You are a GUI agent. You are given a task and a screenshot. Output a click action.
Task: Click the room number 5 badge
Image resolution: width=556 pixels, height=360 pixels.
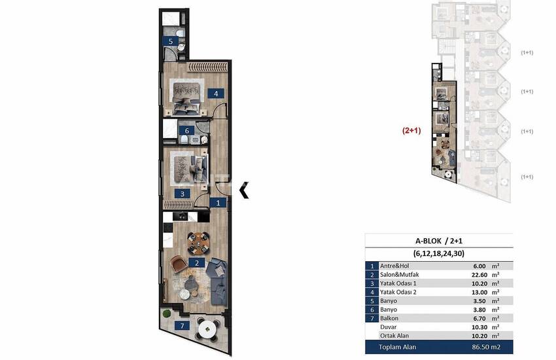click(x=171, y=41)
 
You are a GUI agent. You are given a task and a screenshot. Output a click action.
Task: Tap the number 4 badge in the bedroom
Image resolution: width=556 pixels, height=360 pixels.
click(x=216, y=94)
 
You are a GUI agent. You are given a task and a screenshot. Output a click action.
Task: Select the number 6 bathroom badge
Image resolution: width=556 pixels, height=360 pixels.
click(x=187, y=130)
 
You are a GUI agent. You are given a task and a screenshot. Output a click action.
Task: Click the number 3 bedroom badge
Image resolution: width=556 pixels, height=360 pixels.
click(x=182, y=194)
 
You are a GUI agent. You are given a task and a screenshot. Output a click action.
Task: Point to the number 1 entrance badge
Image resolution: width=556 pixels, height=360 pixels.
click(x=218, y=202)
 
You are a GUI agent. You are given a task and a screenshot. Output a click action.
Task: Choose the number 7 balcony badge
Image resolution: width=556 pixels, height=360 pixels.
click(x=182, y=325)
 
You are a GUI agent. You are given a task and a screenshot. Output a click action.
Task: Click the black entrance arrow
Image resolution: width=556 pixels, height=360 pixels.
click(x=244, y=190)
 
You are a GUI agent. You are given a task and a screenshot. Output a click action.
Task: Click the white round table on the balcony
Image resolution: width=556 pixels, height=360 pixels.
click(x=207, y=331)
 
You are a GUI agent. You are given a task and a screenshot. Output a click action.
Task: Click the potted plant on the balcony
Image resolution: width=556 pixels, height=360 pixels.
click(x=166, y=314)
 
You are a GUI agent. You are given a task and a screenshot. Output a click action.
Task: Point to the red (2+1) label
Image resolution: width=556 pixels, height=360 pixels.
click(x=411, y=130)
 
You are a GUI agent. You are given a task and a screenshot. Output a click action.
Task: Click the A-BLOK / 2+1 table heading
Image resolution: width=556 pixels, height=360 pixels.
click(x=439, y=241)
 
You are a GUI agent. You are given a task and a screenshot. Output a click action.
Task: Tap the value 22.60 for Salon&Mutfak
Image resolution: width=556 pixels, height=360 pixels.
click(x=480, y=275)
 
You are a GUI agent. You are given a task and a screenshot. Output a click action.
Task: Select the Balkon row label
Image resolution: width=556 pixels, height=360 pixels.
click(x=389, y=318)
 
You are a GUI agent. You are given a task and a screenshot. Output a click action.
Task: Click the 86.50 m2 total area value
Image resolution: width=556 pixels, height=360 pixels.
click(x=486, y=347)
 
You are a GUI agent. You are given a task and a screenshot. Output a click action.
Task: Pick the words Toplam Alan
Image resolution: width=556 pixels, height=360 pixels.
click(x=398, y=347)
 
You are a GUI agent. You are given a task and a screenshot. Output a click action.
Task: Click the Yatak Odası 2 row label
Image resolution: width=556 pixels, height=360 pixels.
click(x=398, y=293)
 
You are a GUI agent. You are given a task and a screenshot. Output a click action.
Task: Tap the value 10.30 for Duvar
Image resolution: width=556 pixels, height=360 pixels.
click(x=480, y=327)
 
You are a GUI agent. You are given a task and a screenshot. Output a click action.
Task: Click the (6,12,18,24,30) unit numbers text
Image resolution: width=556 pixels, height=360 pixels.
click(x=439, y=253)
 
